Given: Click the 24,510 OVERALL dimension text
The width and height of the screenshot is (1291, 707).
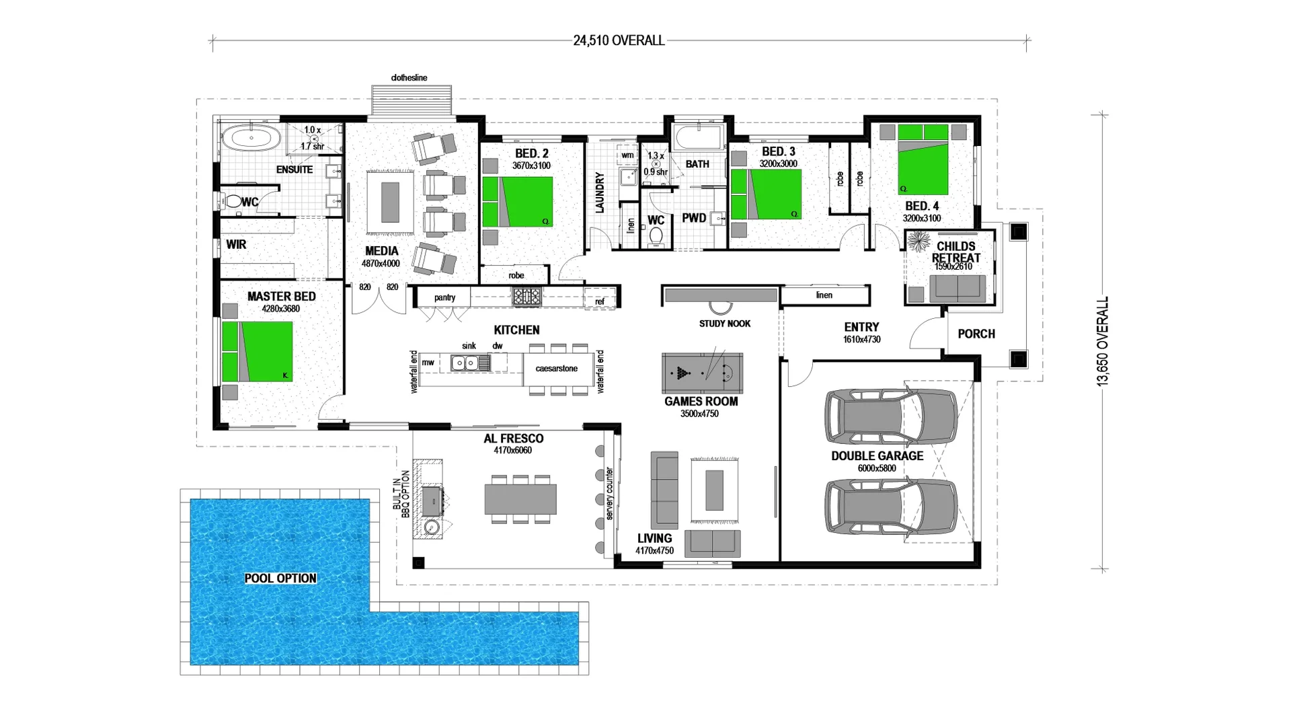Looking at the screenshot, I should click(619, 40).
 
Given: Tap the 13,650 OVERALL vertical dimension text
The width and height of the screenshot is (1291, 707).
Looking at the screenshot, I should click(1103, 342).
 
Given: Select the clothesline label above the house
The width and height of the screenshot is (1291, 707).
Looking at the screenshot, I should click(409, 78).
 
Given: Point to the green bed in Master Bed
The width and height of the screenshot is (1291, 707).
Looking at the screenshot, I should click(258, 352).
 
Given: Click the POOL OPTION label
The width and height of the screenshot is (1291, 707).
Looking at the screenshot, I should click(280, 579).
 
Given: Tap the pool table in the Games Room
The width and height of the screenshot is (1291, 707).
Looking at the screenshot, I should click(702, 373).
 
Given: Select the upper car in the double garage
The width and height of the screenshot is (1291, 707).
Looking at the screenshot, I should click(890, 417).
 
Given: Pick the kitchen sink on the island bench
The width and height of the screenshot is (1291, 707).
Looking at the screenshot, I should click(465, 363).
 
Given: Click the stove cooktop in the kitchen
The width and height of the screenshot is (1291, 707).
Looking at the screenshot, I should click(526, 297).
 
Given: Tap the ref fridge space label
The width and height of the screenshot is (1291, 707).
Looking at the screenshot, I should click(600, 302).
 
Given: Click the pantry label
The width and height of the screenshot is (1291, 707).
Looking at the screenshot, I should click(444, 297).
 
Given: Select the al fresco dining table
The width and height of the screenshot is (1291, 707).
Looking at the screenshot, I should click(520, 499).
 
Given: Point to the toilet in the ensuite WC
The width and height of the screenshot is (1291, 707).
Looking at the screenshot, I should click(233, 201).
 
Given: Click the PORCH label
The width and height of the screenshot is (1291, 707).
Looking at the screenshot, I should click(976, 334).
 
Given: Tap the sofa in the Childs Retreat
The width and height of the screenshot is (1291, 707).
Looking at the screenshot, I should click(957, 288).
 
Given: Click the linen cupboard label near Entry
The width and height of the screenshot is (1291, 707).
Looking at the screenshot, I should click(824, 295).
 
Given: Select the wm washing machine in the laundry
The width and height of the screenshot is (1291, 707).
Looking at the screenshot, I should click(627, 155).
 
